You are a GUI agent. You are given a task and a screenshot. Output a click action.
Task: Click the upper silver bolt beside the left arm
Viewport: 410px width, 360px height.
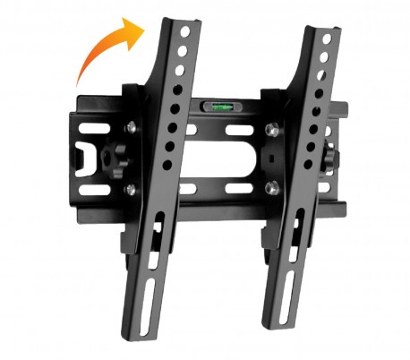132,125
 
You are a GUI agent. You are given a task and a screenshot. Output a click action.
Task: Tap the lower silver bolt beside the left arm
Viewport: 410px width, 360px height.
132,189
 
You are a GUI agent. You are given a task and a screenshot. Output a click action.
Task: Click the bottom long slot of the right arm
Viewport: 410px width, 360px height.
284,286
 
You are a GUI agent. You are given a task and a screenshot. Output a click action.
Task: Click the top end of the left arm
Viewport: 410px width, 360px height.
176,20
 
